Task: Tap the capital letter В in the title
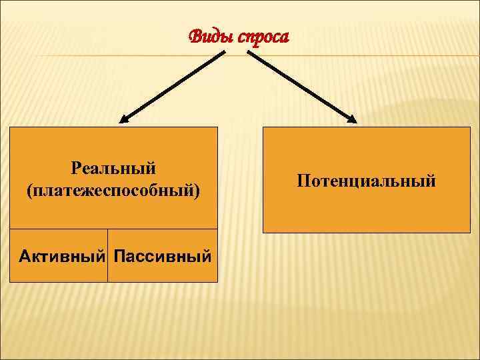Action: (195, 37)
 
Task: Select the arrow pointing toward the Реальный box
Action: (173, 87)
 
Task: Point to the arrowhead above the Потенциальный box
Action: (353, 119)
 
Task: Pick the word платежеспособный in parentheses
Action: (113, 191)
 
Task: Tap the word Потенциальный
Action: (367, 181)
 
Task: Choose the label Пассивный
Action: (163, 255)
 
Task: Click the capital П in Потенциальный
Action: (303, 181)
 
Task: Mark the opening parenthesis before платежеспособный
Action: (30, 191)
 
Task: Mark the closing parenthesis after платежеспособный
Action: (197, 191)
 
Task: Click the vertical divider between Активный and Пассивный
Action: (107, 255)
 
